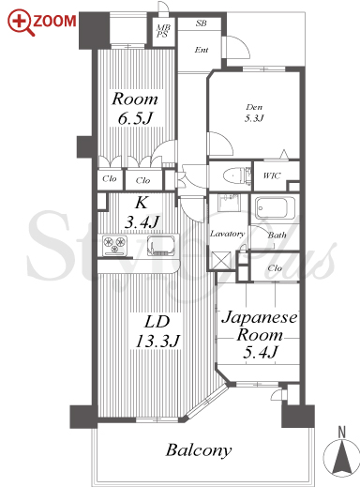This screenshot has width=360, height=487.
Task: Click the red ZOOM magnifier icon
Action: tap(22, 23)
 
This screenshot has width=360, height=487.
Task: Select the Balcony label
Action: tap(199, 450)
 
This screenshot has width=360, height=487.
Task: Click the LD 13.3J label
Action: tap(157, 331)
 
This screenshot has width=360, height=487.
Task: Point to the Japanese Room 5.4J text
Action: tap(260, 335)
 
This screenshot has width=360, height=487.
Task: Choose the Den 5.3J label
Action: tap(254, 113)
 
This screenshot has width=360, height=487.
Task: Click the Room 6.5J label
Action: tap(135, 108)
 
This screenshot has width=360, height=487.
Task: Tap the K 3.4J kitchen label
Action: tap(142, 213)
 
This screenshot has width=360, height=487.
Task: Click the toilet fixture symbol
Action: tap(236, 175)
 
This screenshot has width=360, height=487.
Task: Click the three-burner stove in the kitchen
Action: tap(114, 246)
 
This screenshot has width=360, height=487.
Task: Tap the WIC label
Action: tap(272, 175)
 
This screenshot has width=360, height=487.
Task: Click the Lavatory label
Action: tap(227, 234)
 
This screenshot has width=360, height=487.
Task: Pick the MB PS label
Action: tap(163, 31)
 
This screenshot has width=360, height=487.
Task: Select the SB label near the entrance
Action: tap(202, 23)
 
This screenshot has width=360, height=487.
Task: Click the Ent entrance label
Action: tap(202, 50)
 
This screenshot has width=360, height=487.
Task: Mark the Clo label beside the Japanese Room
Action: tap(275, 268)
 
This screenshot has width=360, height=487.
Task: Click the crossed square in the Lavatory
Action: tap(221, 259)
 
